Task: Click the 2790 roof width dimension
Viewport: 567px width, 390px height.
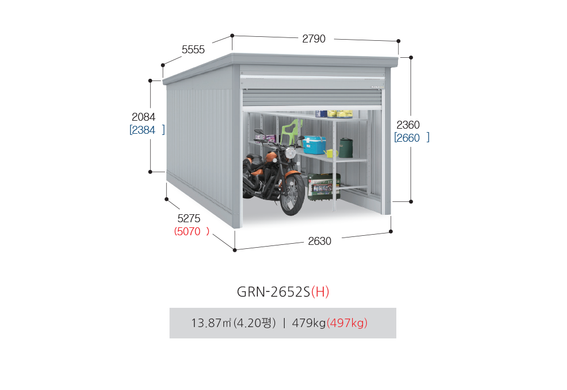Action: (x=314, y=39)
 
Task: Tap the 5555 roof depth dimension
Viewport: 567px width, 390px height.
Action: (x=193, y=49)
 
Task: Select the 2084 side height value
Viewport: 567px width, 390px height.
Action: (x=143, y=117)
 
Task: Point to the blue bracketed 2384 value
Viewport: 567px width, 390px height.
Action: (x=147, y=130)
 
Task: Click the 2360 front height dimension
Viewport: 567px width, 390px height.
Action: (x=408, y=125)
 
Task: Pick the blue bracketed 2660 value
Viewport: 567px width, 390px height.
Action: (x=412, y=138)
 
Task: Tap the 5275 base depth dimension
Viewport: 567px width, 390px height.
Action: (x=189, y=218)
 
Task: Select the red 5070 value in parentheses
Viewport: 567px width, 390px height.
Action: (x=192, y=231)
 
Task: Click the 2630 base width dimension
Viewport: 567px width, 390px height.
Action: (x=320, y=241)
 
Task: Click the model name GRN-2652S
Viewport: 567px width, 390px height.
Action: (x=273, y=292)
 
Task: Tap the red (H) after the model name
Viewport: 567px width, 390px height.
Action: (x=320, y=292)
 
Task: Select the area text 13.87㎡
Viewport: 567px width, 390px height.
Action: (x=211, y=323)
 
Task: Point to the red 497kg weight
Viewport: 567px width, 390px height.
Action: (x=347, y=323)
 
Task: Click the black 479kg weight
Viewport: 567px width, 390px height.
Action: (x=309, y=323)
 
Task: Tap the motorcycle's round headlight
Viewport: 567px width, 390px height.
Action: (x=290, y=153)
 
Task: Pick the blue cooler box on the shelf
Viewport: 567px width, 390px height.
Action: (x=314, y=145)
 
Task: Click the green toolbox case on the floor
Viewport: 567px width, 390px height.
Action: (x=324, y=186)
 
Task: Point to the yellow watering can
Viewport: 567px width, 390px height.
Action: (x=331, y=153)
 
